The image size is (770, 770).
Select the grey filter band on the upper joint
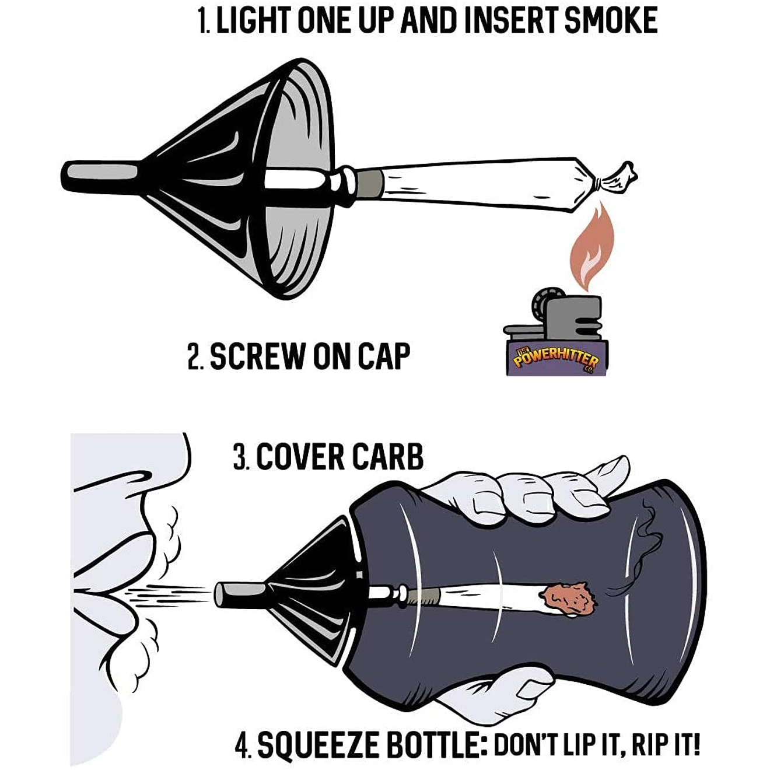point(370,182)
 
